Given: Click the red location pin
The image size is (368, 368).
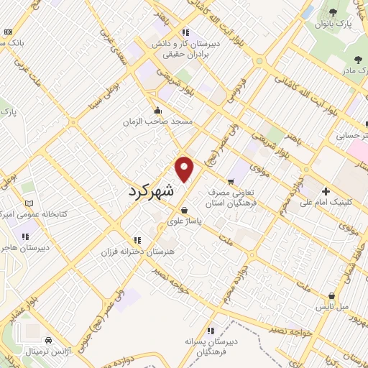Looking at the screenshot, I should [185, 168].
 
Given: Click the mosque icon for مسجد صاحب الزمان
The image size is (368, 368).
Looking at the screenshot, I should [158, 110].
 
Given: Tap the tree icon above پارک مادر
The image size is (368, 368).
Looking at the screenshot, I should [358, 60].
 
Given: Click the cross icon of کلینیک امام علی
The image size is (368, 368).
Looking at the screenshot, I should [326, 192].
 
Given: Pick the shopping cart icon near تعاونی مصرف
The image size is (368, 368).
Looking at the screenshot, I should [231, 181].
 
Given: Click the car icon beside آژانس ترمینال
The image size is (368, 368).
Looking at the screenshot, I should [47, 339].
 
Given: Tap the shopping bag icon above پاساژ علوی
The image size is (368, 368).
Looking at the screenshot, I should [185, 211].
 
